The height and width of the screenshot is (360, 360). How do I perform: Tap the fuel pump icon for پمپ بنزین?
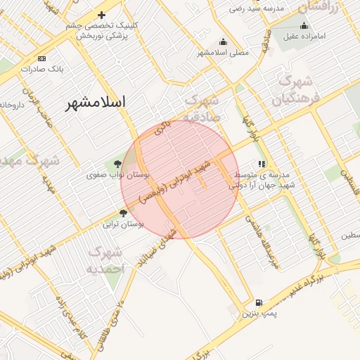pyautogui.click(x=259, y=301)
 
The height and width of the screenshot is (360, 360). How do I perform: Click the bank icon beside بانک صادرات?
pyautogui.click(x=42, y=58)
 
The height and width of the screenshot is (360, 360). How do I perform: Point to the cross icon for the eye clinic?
pyautogui.click(x=101, y=15)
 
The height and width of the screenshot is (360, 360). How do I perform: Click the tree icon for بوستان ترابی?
pyautogui.click(x=124, y=213)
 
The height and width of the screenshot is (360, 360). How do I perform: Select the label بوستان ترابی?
pyautogui.click(x=123, y=224)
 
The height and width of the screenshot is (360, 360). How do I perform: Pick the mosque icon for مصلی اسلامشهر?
pyautogui.click(x=224, y=41)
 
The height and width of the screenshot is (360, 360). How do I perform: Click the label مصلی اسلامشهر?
pyautogui.click(x=223, y=53)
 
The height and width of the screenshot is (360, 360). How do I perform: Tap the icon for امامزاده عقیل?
pyautogui.click(x=304, y=26)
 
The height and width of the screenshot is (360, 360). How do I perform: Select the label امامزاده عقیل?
pyautogui.click(x=304, y=37)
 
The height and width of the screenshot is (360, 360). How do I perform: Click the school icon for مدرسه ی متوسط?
pyautogui.click(x=262, y=164)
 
